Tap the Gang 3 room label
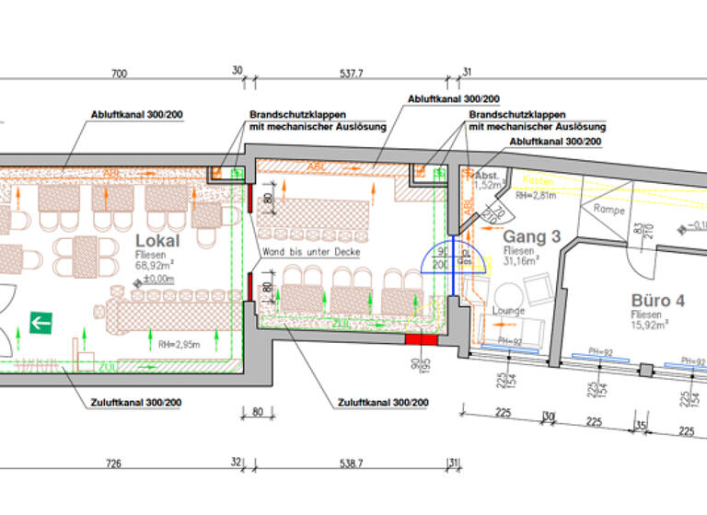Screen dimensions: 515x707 (x=531, y=237)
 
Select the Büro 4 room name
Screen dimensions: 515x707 (x=657, y=301)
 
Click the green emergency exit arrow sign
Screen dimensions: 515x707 (x=41, y=322)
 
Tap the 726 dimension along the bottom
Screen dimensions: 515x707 (x=113, y=463)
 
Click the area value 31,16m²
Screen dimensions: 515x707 (x=521, y=260)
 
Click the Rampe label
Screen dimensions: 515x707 (x=608, y=210)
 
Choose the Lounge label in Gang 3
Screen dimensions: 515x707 (x=507, y=311)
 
